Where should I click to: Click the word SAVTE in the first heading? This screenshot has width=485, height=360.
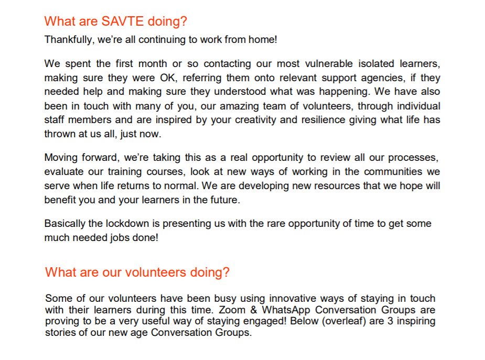(x=111, y=21)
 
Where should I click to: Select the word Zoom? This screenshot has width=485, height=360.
(x=235, y=310)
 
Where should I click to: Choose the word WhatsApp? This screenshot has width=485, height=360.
(x=285, y=310)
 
